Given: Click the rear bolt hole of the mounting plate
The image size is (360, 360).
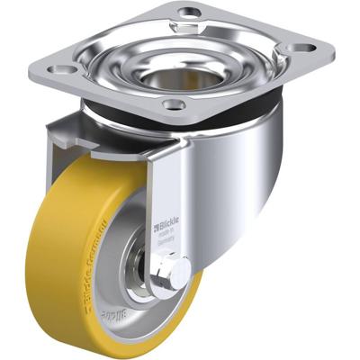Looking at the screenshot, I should (x=190, y=13).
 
